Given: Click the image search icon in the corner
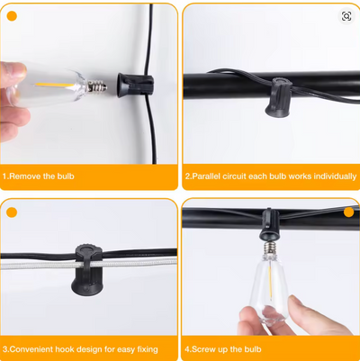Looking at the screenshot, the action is click(346, 16).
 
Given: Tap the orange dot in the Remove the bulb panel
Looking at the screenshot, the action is click(12, 16).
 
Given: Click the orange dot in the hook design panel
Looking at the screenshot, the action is click(12, 212).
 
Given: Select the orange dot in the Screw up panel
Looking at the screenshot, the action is click(349, 212).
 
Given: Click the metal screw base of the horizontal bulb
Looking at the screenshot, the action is click(97, 87).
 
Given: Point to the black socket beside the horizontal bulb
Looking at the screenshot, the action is click(135, 85).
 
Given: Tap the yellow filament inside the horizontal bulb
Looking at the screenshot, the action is click(54, 86).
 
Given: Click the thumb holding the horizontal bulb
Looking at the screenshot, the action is click(13, 74).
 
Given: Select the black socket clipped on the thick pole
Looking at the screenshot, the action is click(278, 97).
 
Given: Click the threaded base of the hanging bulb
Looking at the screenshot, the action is click(270, 248).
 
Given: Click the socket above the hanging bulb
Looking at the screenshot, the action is click(269, 225).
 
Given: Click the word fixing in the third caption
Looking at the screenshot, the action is click(148, 349).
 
